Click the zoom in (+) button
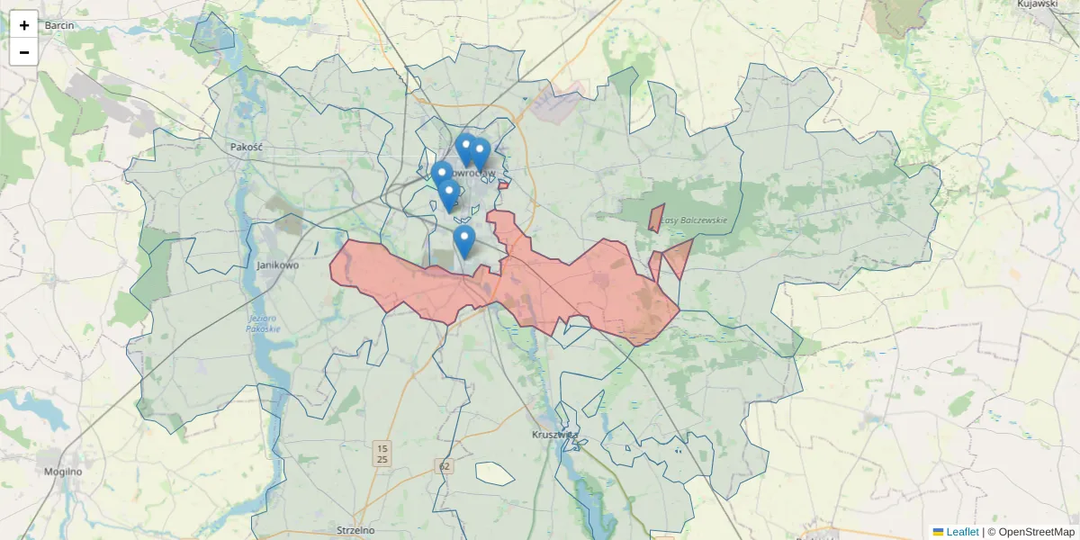[x=24, y=25]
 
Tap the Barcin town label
[x=58, y=25]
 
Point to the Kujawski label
[x=1036, y=4]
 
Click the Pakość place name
[x=245, y=146]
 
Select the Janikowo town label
[x=277, y=265]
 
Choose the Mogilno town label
[x=63, y=471]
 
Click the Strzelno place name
[x=355, y=530]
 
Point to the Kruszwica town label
[x=554, y=435]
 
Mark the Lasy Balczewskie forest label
[x=694, y=220]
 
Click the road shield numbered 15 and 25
[x=382, y=454]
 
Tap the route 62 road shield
[x=443, y=466]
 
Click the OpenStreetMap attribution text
[x=1036, y=532]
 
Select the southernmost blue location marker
[x=463, y=241]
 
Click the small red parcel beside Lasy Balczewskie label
[x=656, y=218]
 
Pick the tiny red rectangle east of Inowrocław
[x=503, y=185]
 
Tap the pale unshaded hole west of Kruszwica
[x=494, y=473]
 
